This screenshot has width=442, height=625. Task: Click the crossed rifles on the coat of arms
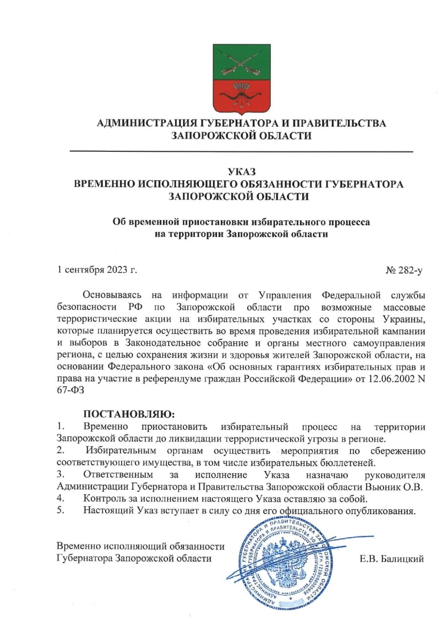click(x=241, y=63)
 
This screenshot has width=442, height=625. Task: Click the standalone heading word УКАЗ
click(x=242, y=172)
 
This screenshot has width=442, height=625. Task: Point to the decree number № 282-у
click(x=404, y=270)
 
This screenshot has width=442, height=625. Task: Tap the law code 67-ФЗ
click(x=71, y=391)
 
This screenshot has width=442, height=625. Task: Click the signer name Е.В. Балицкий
click(x=392, y=559)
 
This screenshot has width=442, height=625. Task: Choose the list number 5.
click(x=60, y=511)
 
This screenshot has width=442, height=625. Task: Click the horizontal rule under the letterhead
click(x=242, y=152)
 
